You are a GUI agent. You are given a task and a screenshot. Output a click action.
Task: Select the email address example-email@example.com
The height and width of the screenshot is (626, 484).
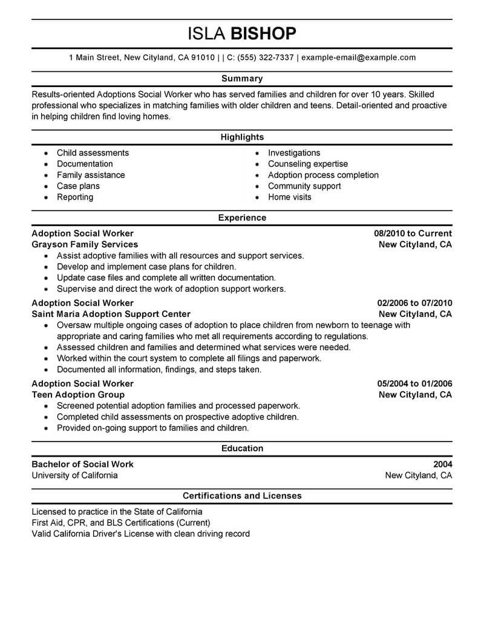(x=358, y=58)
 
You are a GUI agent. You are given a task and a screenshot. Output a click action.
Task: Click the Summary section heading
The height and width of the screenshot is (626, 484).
(x=242, y=79)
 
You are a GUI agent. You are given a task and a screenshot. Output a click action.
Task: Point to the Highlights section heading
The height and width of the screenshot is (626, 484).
(x=242, y=137)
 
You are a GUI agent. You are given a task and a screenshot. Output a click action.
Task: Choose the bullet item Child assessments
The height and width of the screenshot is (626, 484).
(x=93, y=153)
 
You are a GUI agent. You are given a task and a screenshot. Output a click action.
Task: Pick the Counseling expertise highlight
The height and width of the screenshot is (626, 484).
(x=308, y=164)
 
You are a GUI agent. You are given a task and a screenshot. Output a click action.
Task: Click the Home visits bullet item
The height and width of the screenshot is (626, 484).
(x=290, y=197)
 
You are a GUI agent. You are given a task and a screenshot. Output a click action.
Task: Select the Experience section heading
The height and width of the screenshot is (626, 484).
(x=242, y=218)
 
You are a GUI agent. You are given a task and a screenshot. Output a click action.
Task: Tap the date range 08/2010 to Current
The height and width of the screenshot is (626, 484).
(x=413, y=233)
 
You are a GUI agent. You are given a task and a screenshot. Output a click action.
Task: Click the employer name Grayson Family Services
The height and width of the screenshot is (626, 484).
(x=85, y=244)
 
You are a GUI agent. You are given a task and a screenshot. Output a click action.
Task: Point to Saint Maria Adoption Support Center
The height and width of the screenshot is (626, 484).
(x=111, y=314)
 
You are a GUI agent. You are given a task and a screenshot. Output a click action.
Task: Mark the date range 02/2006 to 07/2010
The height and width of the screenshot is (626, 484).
(x=414, y=303)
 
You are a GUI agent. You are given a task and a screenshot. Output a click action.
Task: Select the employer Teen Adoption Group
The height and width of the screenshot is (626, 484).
(x=74, y=394)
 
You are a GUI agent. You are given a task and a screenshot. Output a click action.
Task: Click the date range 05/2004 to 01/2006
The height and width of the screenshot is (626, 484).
(x=414, y=383)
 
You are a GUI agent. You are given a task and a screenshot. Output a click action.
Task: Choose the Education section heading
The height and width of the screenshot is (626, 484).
(x=242, y=449)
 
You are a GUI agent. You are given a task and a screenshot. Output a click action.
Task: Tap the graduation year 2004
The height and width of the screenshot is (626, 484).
(x=443, y=465)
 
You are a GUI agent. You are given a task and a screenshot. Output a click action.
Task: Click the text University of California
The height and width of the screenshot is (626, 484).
(x=74, y=475)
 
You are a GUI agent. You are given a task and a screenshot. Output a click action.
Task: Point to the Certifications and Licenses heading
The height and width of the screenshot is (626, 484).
(x=242, y=496)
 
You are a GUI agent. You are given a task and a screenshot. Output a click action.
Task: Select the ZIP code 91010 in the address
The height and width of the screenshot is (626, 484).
(x=202, y=58)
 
